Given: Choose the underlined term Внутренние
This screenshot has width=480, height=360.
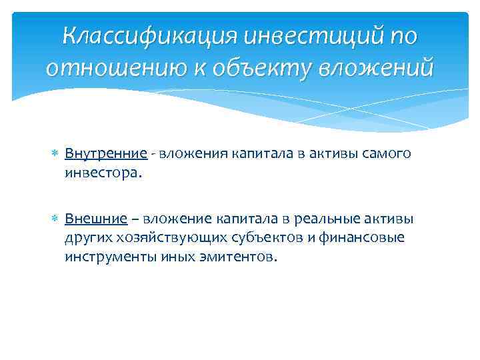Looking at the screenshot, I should tap(105, 154).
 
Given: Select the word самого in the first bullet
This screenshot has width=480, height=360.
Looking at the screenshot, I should tap(387, 154).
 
